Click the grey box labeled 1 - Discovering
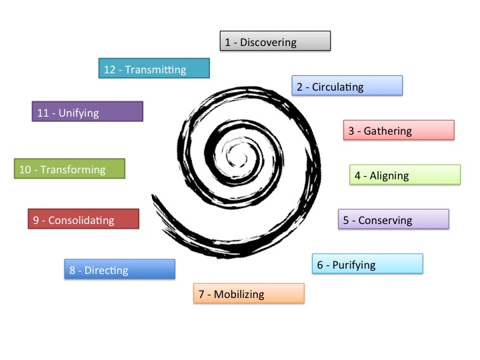275,41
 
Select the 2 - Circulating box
347,86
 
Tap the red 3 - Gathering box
398,131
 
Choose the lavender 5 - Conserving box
393,219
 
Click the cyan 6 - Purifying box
367,264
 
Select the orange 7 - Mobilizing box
249,294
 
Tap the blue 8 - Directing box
119,270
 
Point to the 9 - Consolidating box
83,219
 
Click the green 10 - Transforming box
69,169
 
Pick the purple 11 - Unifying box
87,112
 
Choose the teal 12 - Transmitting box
154,69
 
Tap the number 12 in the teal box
110,69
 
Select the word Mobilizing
239,294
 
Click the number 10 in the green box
25,169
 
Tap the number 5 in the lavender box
346,220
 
